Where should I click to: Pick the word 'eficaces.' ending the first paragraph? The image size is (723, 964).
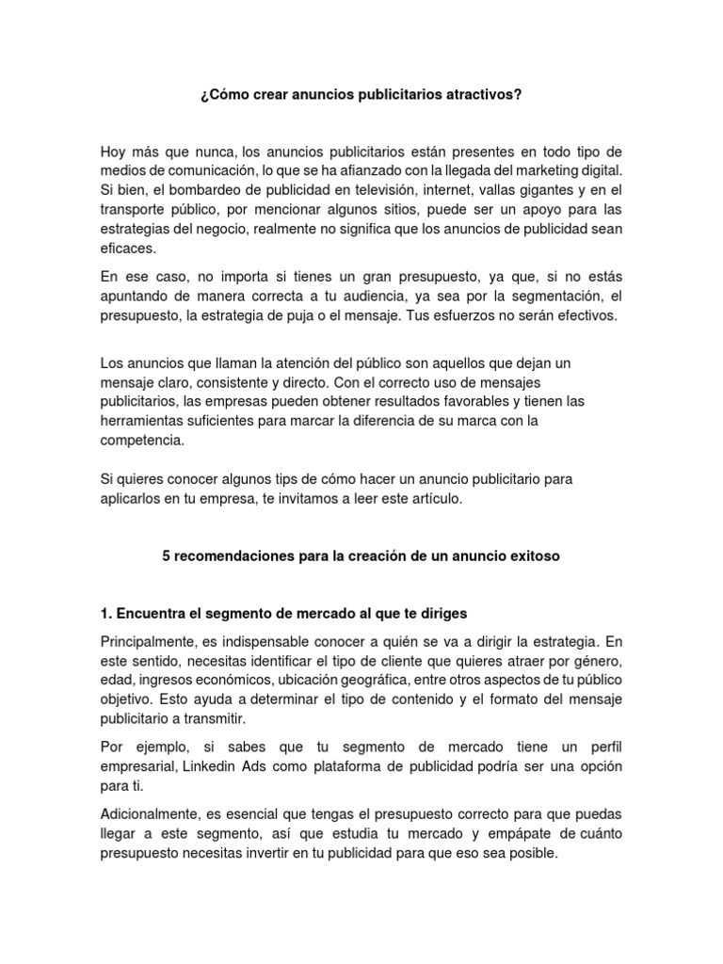pyautogui.click(x=129, y=249)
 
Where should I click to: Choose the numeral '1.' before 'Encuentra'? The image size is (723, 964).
pyautogui.click(x=106, y=615)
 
